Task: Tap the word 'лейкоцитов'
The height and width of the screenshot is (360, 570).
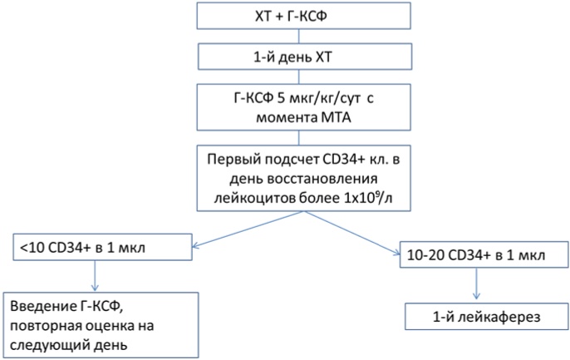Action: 255,200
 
